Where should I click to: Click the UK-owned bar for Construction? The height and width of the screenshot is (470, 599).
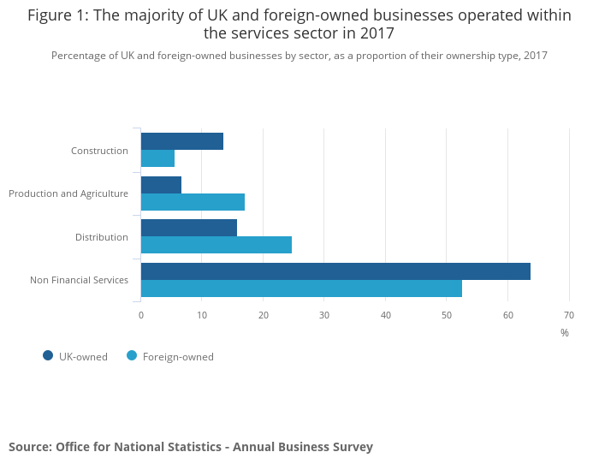tap(182, 141)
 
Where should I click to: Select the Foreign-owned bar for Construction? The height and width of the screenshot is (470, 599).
tap(157, 158)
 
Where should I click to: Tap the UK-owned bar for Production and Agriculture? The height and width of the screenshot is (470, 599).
tap(161, 185)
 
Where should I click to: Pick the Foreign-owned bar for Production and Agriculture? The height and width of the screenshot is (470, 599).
tap(193, 202)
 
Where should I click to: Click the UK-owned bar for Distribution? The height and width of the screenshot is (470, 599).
tap(189, 228)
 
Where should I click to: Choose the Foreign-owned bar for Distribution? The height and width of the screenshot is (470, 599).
tap(216, 245)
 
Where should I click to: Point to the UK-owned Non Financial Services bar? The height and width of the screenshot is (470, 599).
tap(335, 271)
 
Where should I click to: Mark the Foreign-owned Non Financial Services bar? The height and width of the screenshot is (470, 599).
tap(301, 289)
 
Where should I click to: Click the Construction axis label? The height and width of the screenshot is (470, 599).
tap(99, 151)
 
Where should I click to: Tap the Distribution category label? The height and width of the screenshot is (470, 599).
tap(102, 237)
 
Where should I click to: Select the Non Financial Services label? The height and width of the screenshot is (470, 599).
tap(79, 280)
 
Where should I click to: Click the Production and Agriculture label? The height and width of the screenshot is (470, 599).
tap(68, 193)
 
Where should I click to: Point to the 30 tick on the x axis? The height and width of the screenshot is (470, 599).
tap(324, 315)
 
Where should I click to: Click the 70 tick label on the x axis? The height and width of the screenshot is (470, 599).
tap(569, 315)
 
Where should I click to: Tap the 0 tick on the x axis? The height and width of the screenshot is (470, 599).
tap(141, 315)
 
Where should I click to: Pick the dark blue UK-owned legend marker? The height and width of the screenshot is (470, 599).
tap(48, 356)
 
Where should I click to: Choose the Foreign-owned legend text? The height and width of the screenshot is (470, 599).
tap(178, 357)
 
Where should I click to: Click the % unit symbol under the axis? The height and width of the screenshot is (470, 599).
tap(565, 333)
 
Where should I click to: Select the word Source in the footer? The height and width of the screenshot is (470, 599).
tap(29, 447)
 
